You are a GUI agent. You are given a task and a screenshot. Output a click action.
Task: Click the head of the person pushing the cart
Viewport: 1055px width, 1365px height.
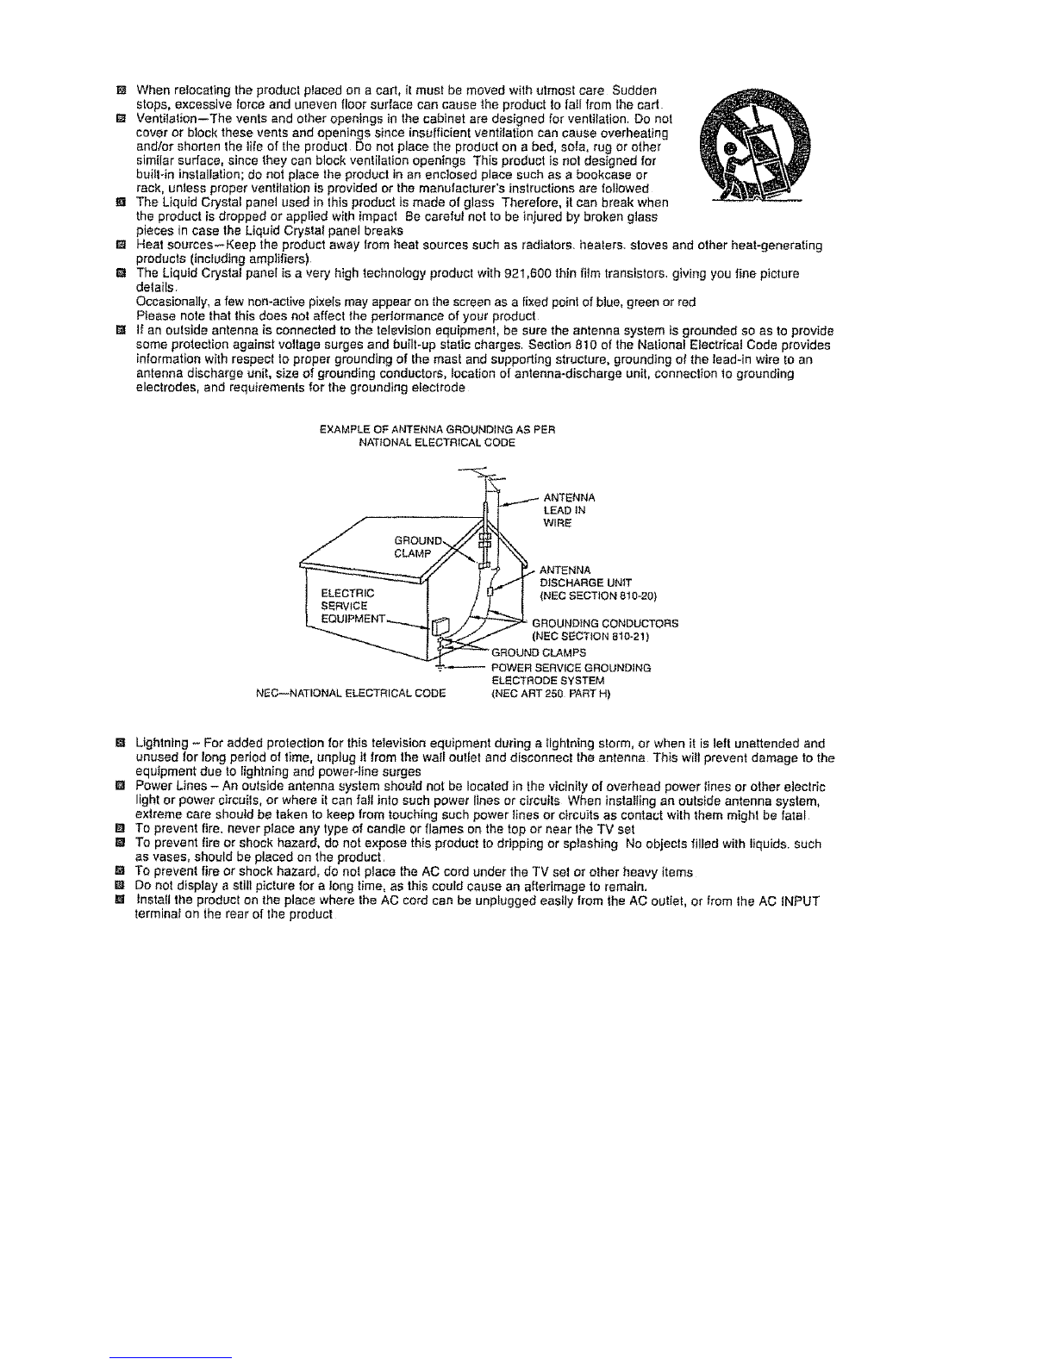734,148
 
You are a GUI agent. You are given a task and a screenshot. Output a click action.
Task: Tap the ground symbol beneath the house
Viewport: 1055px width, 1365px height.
440,668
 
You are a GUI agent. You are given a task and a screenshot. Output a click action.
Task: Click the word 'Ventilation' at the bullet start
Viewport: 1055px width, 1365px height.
169,118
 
